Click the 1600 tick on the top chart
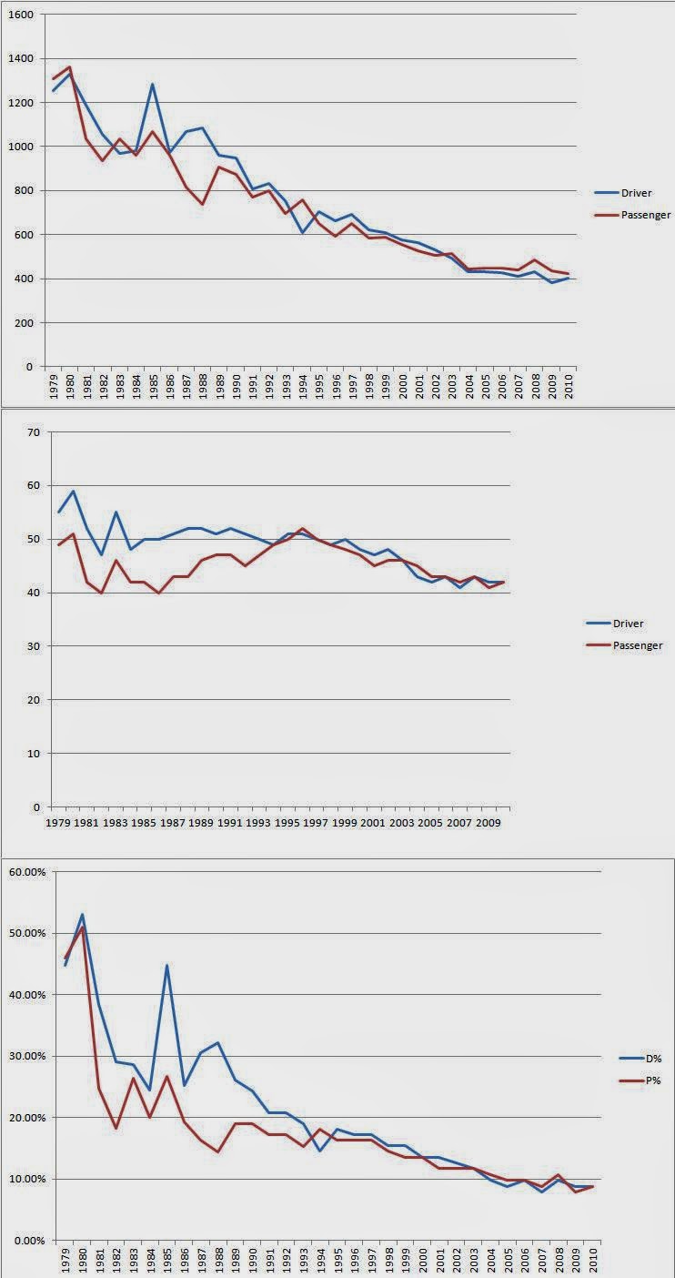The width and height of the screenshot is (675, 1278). pyautogui.click(x=22, y=15)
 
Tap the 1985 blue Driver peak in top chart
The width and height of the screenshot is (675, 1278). pyautogui.click(x=152, y=85)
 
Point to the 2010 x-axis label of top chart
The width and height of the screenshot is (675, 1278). pyautogui.click(x=567, y=385)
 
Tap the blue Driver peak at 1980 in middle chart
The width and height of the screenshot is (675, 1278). pyautogui.click(x=73, y=492)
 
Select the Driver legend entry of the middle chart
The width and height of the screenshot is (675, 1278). pyautogui.click(x=629, y=624)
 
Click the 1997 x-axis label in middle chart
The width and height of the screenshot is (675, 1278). pyautogui.click(x=316, y=823)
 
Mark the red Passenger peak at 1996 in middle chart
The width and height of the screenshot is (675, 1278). pyautogui.click(x=302, y=529)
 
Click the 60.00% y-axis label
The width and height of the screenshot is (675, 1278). pyautogui.click(x=27, y=872)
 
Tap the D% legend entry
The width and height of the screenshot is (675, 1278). pyautogui.click(x=653, y=1058)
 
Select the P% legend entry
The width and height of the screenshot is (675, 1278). pyautogui.click(x=653, y=1080)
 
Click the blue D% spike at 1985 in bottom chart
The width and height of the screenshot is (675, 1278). pyautogui.click(x=167, y=966)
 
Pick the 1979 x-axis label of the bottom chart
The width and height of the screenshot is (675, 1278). pyautogui.click(x=65, y=1261)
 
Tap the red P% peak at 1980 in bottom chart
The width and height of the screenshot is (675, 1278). pyautogui.click(x=82, y=928)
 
